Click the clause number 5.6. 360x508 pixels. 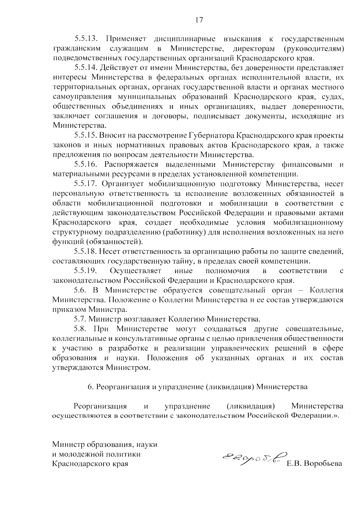(x=80, y=290)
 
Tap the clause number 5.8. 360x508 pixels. (x=80, y=329)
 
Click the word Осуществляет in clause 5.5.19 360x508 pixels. (x=136, y=271)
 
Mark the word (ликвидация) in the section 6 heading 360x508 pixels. (x=230, y=387)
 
